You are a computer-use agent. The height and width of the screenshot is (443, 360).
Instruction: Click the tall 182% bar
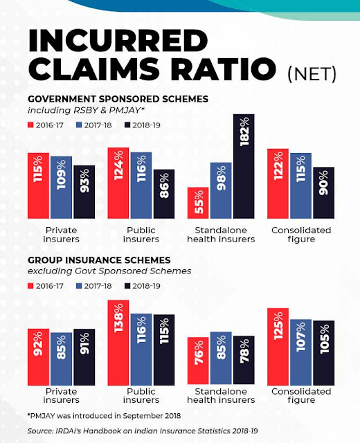coord(244,166)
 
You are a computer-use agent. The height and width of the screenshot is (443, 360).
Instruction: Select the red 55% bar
coord(198,203)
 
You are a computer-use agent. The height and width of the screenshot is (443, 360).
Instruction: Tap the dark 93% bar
coord(84,192)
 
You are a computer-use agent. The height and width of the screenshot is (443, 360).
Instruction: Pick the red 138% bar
coord(118,343)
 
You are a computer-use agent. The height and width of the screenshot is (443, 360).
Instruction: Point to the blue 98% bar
coord(221,190)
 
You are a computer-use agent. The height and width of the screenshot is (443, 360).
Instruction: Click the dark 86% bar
coord(164,194)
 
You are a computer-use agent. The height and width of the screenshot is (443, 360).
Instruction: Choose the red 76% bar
coord(198,361)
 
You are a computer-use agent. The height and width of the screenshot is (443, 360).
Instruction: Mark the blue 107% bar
coord(300,352)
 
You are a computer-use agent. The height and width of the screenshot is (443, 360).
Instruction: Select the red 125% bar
coord(278,347)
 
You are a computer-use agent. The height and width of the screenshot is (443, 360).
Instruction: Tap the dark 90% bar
coord(324,192)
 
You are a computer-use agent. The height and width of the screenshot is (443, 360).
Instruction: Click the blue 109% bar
coord(62,187)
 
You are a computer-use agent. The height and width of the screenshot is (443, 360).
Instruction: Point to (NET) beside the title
coord(312,74)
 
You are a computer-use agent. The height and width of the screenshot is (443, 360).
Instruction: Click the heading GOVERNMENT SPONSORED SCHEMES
coord(118,99)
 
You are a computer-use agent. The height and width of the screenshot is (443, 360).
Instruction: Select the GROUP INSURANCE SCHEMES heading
coord(99,260)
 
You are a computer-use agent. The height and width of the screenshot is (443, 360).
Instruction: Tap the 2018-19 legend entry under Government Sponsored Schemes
coord(143,125)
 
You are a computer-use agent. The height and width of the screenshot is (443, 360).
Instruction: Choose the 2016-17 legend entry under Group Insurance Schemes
coord(46,286)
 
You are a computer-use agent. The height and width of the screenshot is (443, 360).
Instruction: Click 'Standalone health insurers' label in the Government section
coord(221,235)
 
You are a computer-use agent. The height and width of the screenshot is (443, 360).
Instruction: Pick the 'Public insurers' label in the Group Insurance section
coord(141,396)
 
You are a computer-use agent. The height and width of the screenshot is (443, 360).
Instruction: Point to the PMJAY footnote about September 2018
coord(104,416)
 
